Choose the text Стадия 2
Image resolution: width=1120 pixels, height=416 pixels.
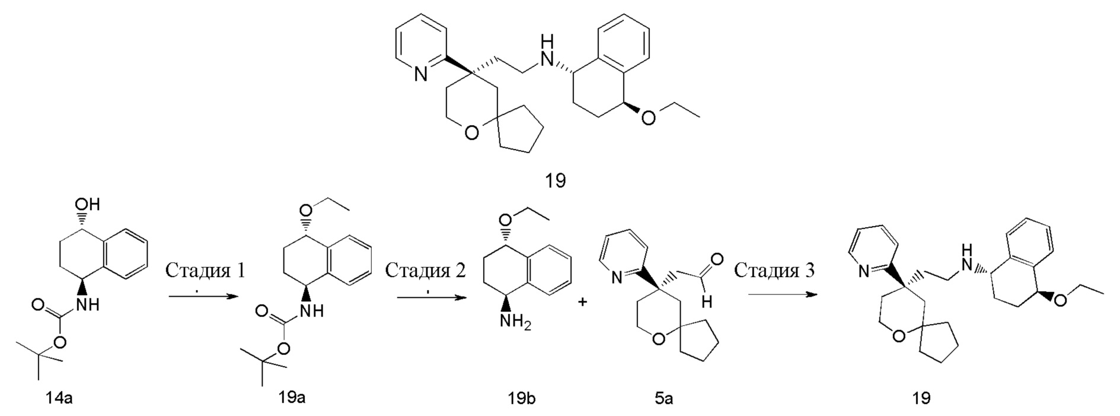click(x=426, y=271)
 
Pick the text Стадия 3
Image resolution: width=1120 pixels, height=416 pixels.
click(x=774, y=271)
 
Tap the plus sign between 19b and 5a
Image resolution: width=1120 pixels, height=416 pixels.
click(x=583, y=302)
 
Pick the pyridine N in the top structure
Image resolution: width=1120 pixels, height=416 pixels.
click(x=420, y=75)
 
